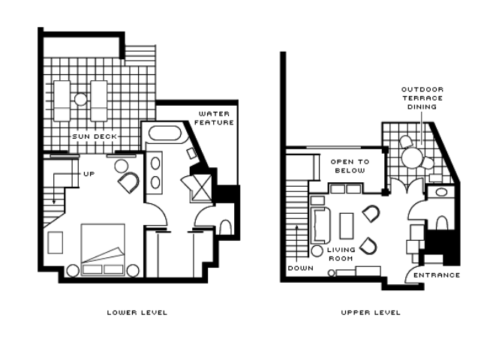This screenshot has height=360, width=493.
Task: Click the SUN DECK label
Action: (x=95, y=136)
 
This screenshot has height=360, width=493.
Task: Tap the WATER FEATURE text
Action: (x=214, y=118)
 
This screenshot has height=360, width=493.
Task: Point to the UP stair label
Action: (x=89, y=174)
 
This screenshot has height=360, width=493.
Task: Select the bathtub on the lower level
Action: (x=165, y=133)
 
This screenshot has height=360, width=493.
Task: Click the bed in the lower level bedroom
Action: (x=103, y=250)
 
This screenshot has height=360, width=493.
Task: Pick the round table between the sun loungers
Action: (x=81, y=99)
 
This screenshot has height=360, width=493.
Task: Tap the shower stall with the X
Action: (x=202, y=187)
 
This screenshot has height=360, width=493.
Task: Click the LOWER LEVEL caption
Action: (x=137, y=313)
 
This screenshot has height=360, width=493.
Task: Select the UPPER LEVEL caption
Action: (x=371, y=313)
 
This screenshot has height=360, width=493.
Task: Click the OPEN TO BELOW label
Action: (x=350, y=166)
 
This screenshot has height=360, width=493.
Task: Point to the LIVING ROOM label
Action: (x=341, y=253)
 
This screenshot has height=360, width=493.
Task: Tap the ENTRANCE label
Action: (x=437, y=275)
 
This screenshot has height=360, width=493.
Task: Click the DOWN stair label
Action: (x=301, y=268)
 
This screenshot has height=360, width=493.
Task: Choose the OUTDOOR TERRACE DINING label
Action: (x=422, y=98)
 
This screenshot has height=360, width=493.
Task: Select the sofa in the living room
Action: (x=320, y=225)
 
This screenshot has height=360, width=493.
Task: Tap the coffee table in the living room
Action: (x=347, y=226)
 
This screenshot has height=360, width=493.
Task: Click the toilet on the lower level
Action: (x=225, y=227)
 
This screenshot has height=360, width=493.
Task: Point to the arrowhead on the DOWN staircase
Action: (x=297, y=227)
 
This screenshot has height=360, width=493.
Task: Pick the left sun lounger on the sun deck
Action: (x=62, y=100)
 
